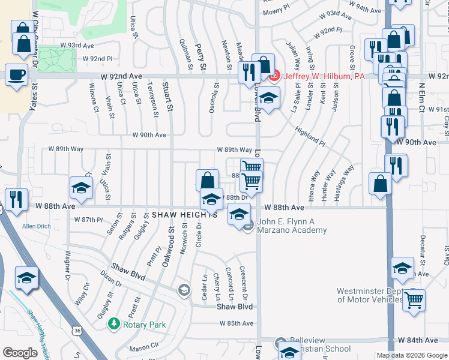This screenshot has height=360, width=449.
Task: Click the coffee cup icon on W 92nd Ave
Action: (17, 75)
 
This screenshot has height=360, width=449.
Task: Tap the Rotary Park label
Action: (143, 325)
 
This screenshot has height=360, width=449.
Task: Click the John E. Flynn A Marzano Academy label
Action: (292, 226)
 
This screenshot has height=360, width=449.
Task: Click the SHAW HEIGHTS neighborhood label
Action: (184, 215)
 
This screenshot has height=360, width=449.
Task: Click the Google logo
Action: (20, 353)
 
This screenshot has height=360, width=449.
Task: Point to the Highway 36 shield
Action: (76, 331)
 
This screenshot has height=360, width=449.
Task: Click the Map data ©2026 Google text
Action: (411, 355)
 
